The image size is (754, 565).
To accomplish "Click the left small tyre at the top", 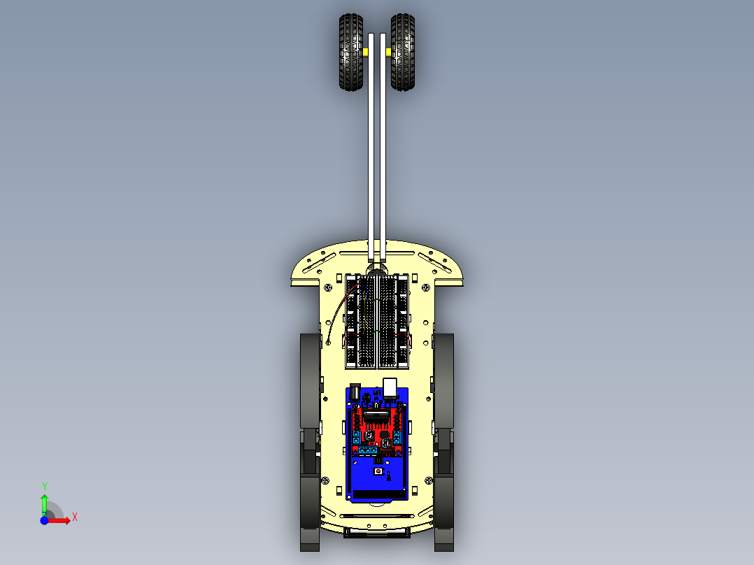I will [350, 52].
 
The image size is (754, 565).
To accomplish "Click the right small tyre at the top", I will [404, 52].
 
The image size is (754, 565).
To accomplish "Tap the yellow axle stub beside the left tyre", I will [366, 52].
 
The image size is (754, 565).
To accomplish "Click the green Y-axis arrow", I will [44, 502].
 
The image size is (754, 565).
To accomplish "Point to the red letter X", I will [74, 517].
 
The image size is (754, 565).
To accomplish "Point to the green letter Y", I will [44, 486].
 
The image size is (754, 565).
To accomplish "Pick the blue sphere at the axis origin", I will [44, 520].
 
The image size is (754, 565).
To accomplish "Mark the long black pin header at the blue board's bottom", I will [378, 494].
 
